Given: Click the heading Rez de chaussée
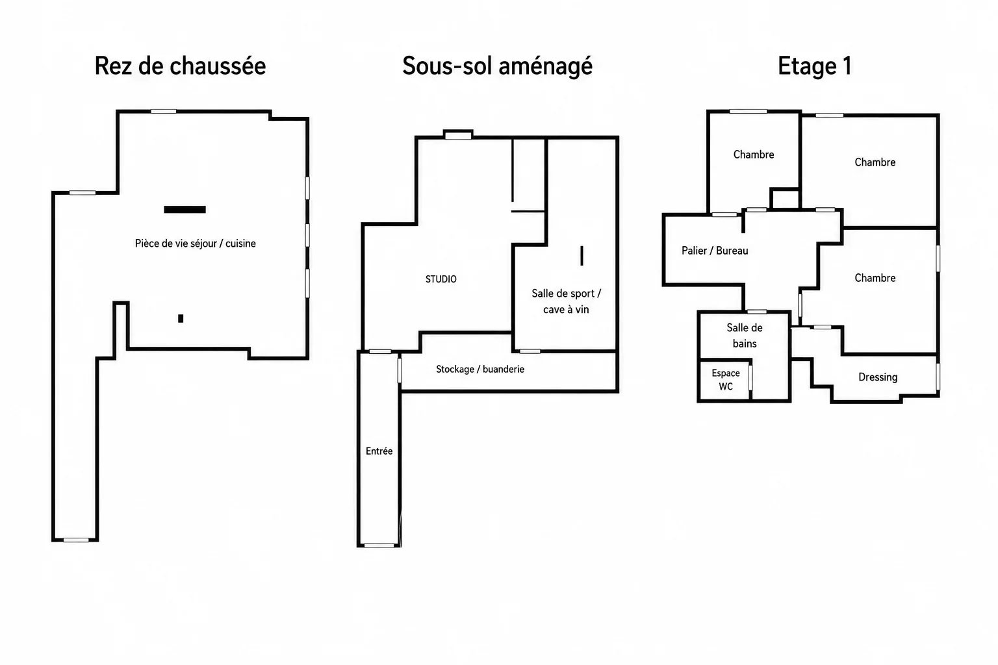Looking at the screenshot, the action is [181, 66].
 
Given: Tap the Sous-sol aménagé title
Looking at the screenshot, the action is [497, 66].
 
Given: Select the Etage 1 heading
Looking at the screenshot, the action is [815, 66].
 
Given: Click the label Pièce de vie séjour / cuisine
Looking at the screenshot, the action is [195, 243].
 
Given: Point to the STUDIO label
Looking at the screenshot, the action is [441, 279].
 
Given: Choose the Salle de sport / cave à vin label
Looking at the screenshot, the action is [567, 301].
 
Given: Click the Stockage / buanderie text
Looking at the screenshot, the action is [480, 369].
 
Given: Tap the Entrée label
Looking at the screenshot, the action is [379, 451].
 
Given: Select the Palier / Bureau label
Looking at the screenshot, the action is [715, 250].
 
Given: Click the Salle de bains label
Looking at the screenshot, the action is [745, 335].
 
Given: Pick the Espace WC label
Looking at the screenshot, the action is [726, 379].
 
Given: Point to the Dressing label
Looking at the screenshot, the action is [878, 377].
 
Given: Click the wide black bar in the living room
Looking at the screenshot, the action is [185, 209].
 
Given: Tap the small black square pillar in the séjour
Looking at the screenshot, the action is [181, 318].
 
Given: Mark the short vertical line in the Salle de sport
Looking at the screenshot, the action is [582, 256].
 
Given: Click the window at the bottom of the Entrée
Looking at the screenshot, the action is [379, 546].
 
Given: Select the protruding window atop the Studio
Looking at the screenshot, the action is [459, 134].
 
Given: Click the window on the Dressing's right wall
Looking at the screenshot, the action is [938, 377].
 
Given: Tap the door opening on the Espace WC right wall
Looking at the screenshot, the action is [750, 378].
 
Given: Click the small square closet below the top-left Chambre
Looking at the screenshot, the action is [785, 199].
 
